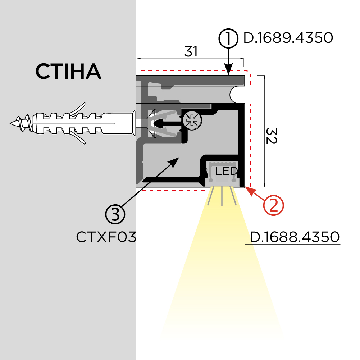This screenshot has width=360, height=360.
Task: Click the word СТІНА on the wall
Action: tap(68, 72)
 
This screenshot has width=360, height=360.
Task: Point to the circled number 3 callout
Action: tap(115, 215)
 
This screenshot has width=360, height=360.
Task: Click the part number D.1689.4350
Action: tap(288, 38)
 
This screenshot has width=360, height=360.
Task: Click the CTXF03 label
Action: tap(106, 237)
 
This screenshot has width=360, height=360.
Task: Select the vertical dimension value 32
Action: tap(271, 135)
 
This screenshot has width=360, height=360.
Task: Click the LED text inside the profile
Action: tap(226, 171)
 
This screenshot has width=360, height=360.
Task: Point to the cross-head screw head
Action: tap(192, 120)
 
